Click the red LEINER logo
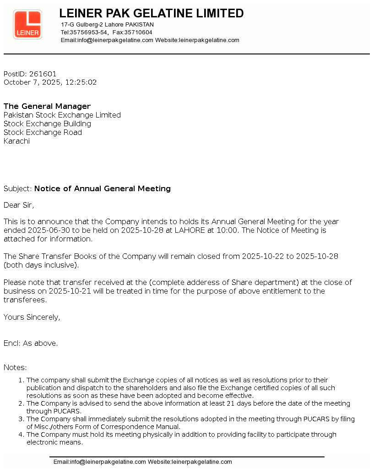pos(27,24)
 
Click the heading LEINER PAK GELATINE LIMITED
pos(152,13)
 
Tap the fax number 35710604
pos(138,32)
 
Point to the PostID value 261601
pos(43,74)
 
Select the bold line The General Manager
pos(47,106)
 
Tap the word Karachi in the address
pos(16,141)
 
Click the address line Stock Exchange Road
pos(43,132)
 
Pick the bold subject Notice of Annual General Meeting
pos(103,188)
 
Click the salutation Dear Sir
pos(19,205)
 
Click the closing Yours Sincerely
pos(32,317)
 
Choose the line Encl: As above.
pos(31,343)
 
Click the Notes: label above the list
pos(15,367)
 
